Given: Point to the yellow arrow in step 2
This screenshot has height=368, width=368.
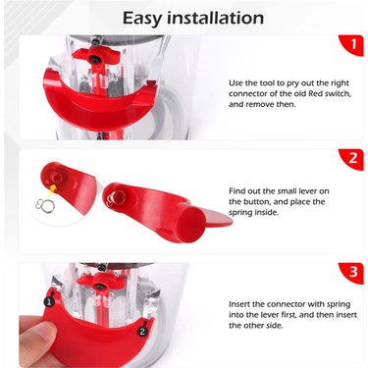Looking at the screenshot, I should coord(50,188).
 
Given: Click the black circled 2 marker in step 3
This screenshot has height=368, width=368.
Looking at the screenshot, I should coord(142,332).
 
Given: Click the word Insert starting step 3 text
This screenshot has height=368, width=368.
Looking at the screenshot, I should coord(242,304).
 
